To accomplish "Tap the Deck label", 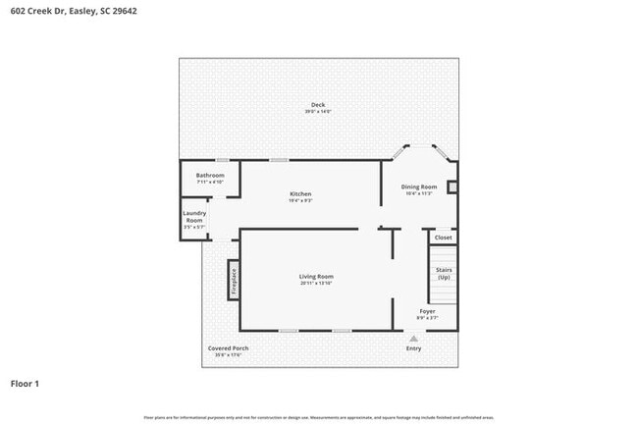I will pos(318,105).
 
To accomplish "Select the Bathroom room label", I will pos(210,176).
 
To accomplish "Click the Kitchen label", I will pos(300,194).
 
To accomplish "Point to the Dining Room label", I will pos(419,186).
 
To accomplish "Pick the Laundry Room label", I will pos(194,217).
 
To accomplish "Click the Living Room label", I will pos(316,277).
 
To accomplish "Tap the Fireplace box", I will pos(234,281).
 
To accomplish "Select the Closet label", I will pos(444,238).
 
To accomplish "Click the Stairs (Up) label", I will pos(444,274).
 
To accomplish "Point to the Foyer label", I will pos(427,311).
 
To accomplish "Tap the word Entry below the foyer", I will pos(413,348).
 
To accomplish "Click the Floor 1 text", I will pos(25,383).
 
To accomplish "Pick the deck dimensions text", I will pos(318,112).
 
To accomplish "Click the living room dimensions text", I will pos(316,284).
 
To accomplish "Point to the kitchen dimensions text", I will pos(300,201).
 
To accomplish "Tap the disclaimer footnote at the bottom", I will pos(318,416).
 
